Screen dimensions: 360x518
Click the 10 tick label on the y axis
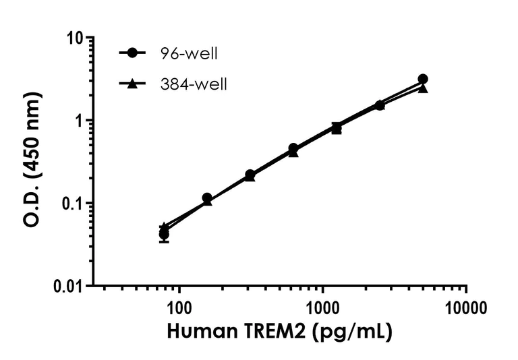point(80,38)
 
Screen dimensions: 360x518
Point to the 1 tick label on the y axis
point(84,121)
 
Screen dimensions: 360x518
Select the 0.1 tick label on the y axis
point(77,203)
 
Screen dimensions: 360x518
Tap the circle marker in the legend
point(134,53)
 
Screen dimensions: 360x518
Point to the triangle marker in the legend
point(134,84)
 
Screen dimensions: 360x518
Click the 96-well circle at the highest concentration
point(423,79)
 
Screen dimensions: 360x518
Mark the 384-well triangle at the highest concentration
point(423,88)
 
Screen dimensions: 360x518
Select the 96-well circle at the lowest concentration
point(164,234)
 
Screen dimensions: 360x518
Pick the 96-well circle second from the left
point(207,198)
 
